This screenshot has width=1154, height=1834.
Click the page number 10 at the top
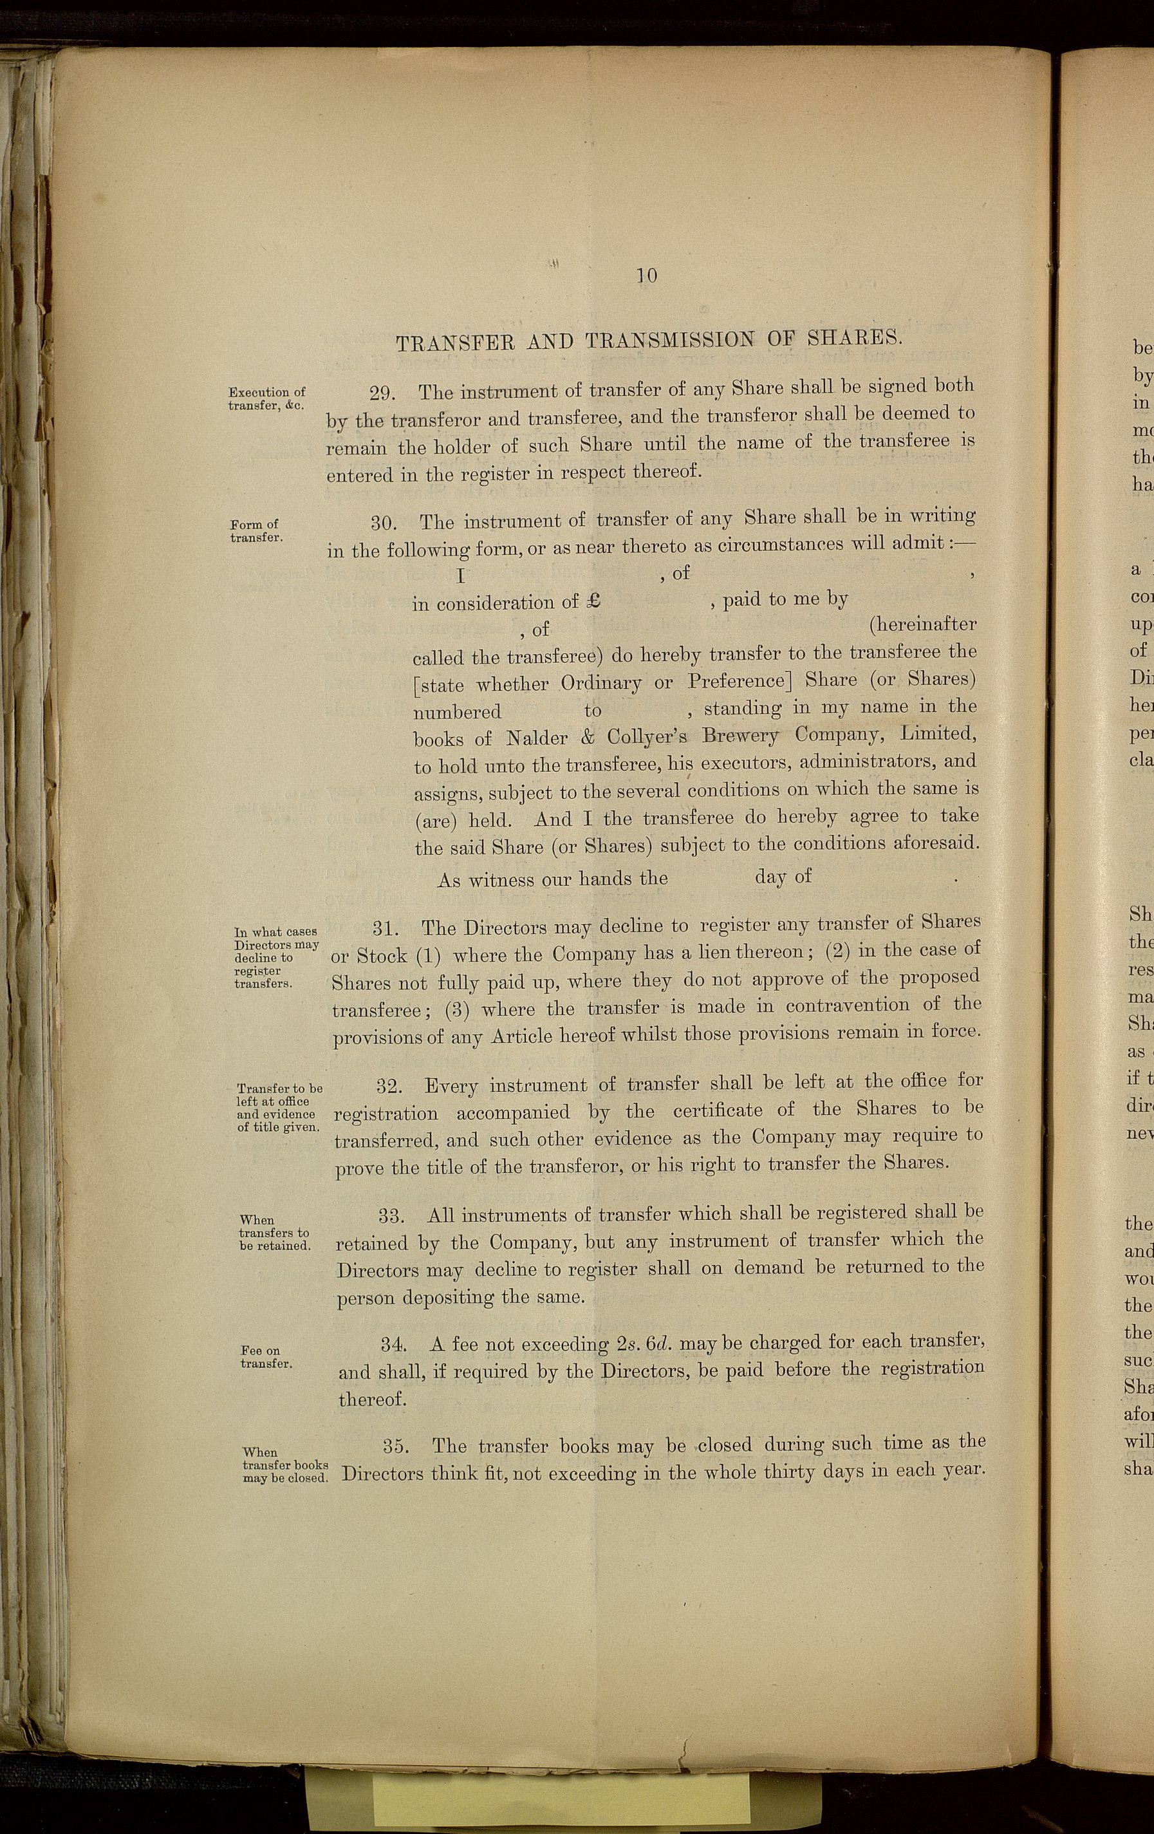click(647, 275)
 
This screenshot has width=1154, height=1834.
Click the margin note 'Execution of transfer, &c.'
click(266, 398)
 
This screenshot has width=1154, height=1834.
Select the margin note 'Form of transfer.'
click(256, 530)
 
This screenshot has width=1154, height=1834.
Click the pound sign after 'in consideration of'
click(595, 601)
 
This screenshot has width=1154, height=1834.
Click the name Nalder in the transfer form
click(537, 738)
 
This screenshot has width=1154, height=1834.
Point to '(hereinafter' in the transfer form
click(922, 624)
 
